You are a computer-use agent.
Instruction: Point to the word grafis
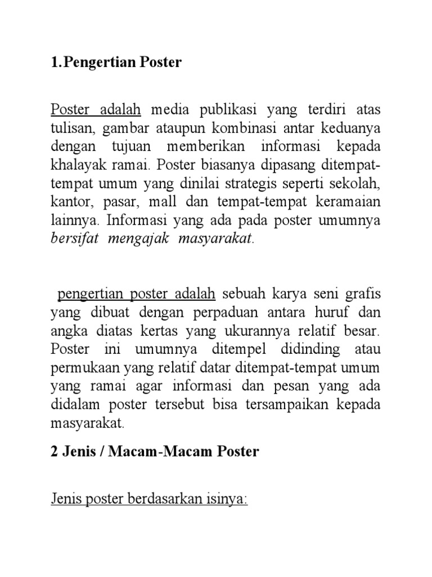click(x=363, y=294)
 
